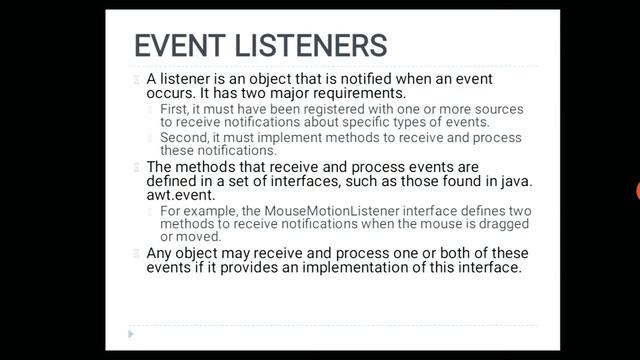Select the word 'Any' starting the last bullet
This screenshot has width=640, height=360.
coord(159,253)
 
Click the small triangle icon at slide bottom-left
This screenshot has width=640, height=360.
coord(131,333)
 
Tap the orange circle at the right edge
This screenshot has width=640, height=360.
coord(637,191)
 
